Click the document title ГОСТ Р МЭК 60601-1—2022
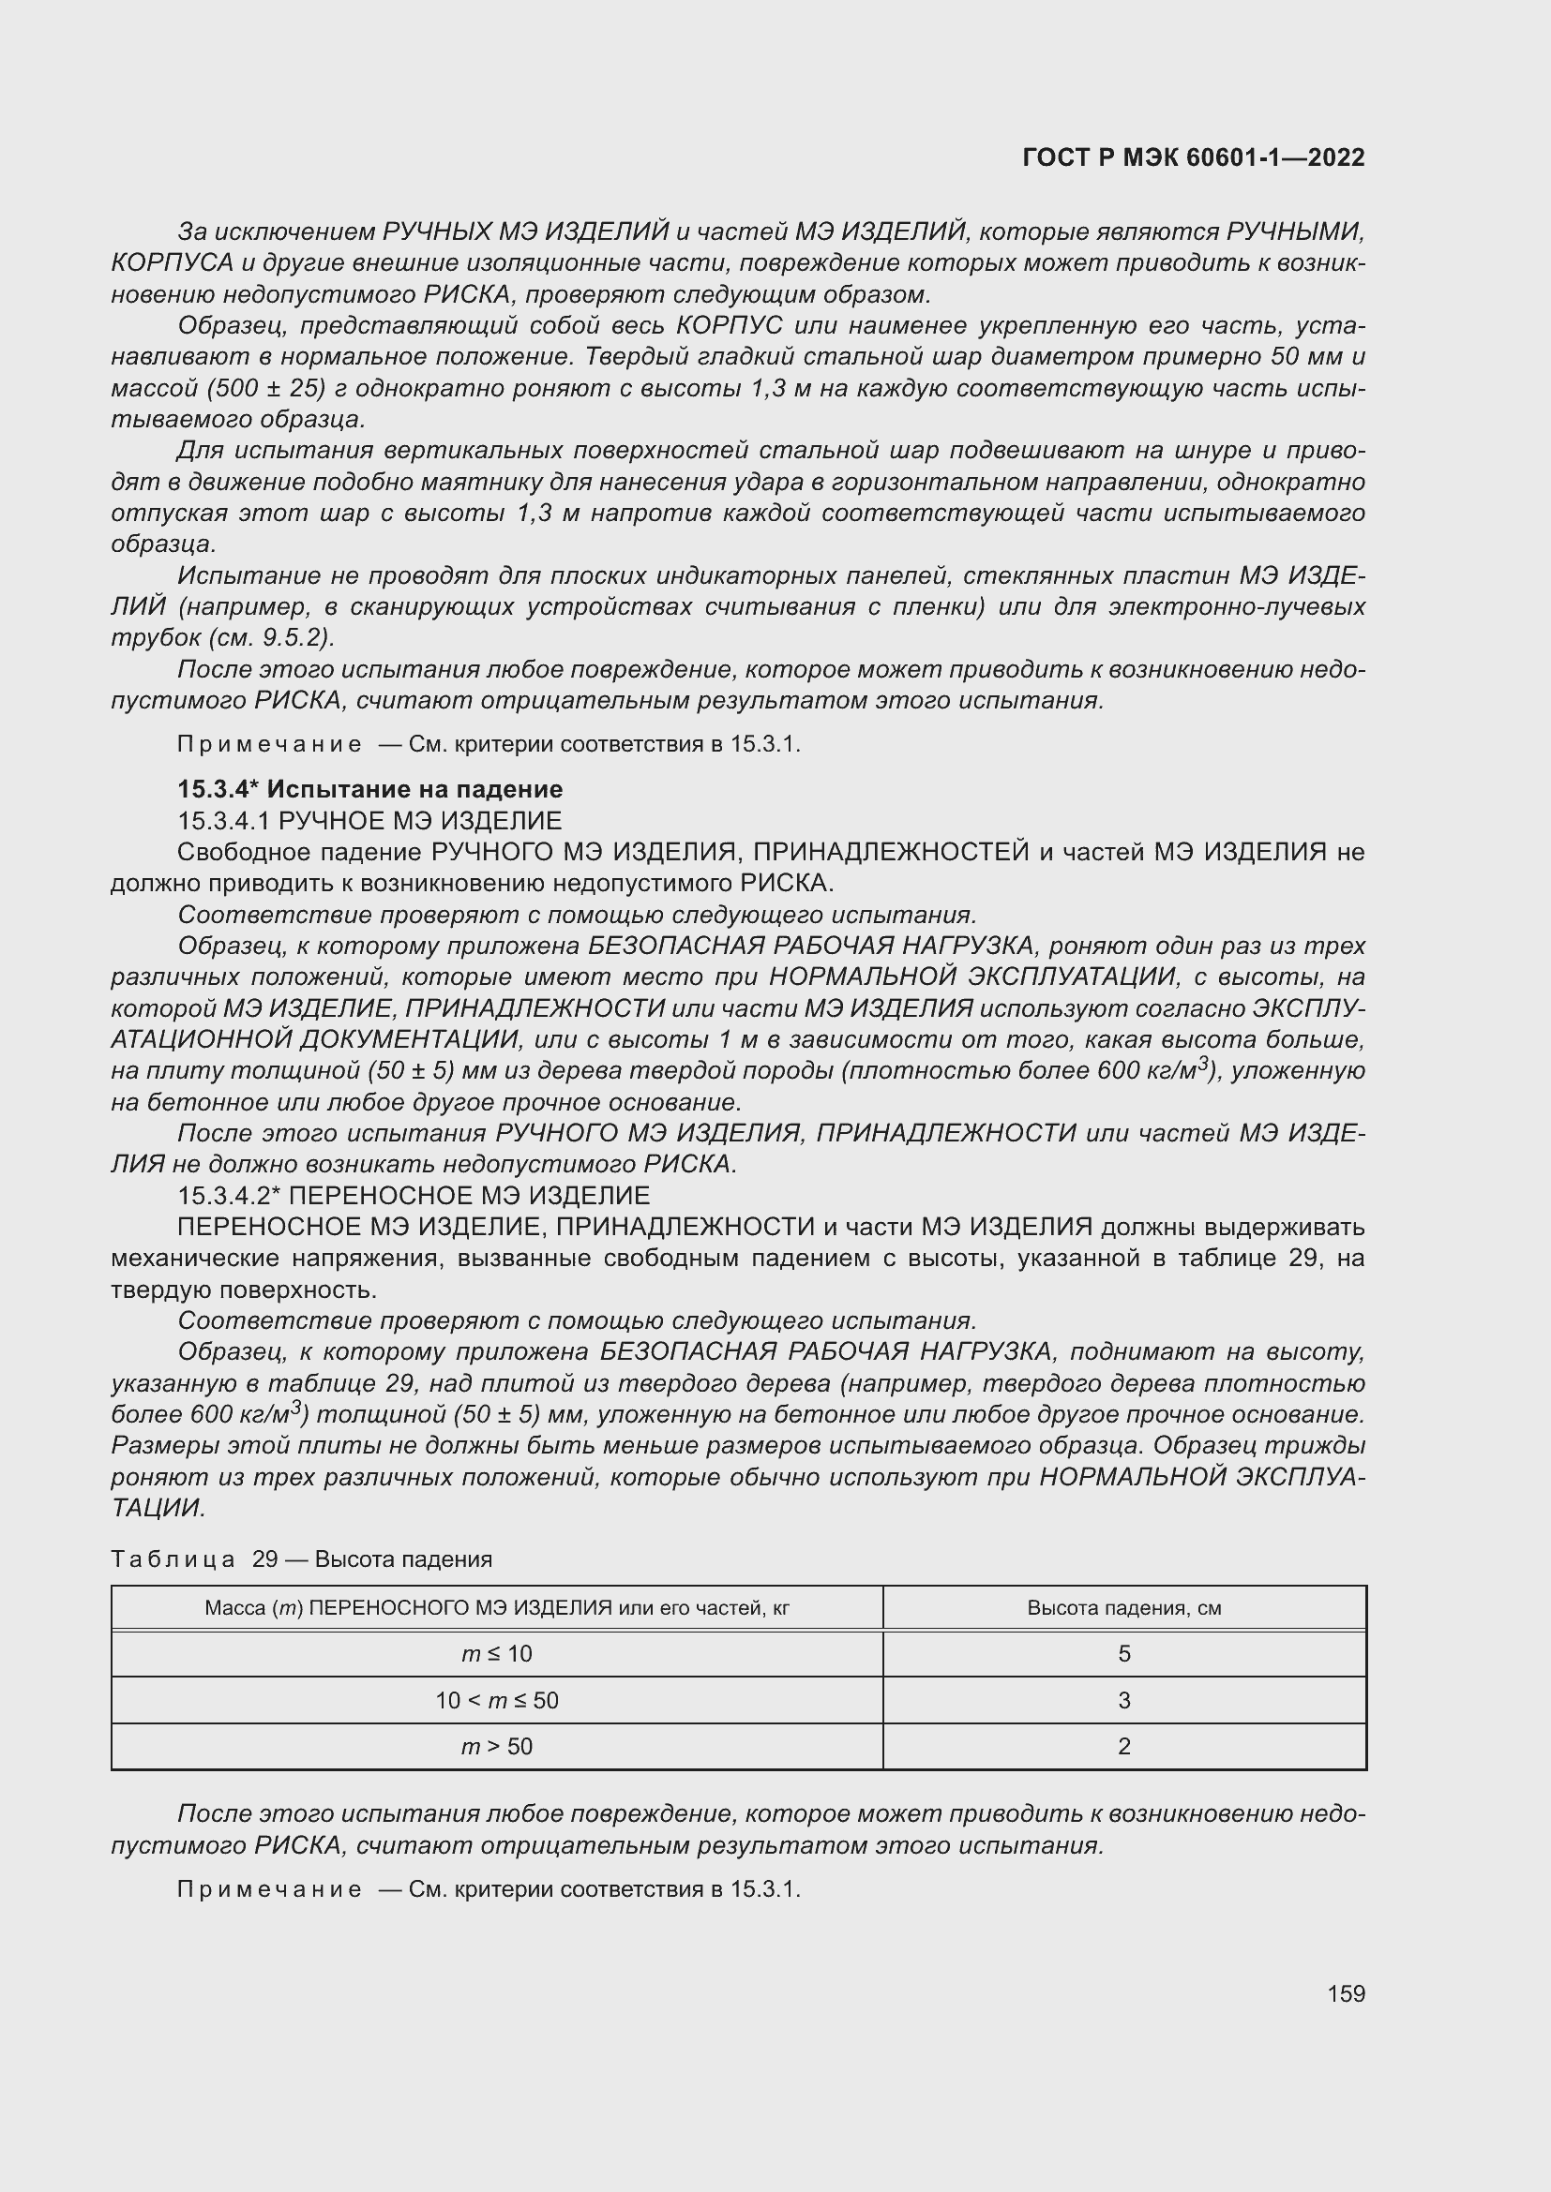click(x=1193, y=157)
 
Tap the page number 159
click(x=1346, y=1993)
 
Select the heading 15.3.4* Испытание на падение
click(x=369, y=789)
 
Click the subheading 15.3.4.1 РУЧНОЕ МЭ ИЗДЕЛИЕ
click(x=369, y=821)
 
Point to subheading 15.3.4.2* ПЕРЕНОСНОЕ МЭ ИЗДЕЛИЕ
click(x=414, y=1196)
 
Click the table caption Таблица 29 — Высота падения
click(x=301, y=1559)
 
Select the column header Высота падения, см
click(x=1124, y=1608)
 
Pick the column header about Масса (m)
click(x=497, y=1608)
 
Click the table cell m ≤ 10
click(x=497, y=1653)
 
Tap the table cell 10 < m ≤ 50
click(x=497, y=1700)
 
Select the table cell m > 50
click(x=497, y=1746)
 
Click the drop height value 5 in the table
click(x=1124, y=1653)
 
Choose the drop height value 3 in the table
click(x=1124, y=1700)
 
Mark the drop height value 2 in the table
click(x=1124, y=1746)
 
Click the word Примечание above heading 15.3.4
click(x=269, y=745)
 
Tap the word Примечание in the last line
click(x=269, y=1889)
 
